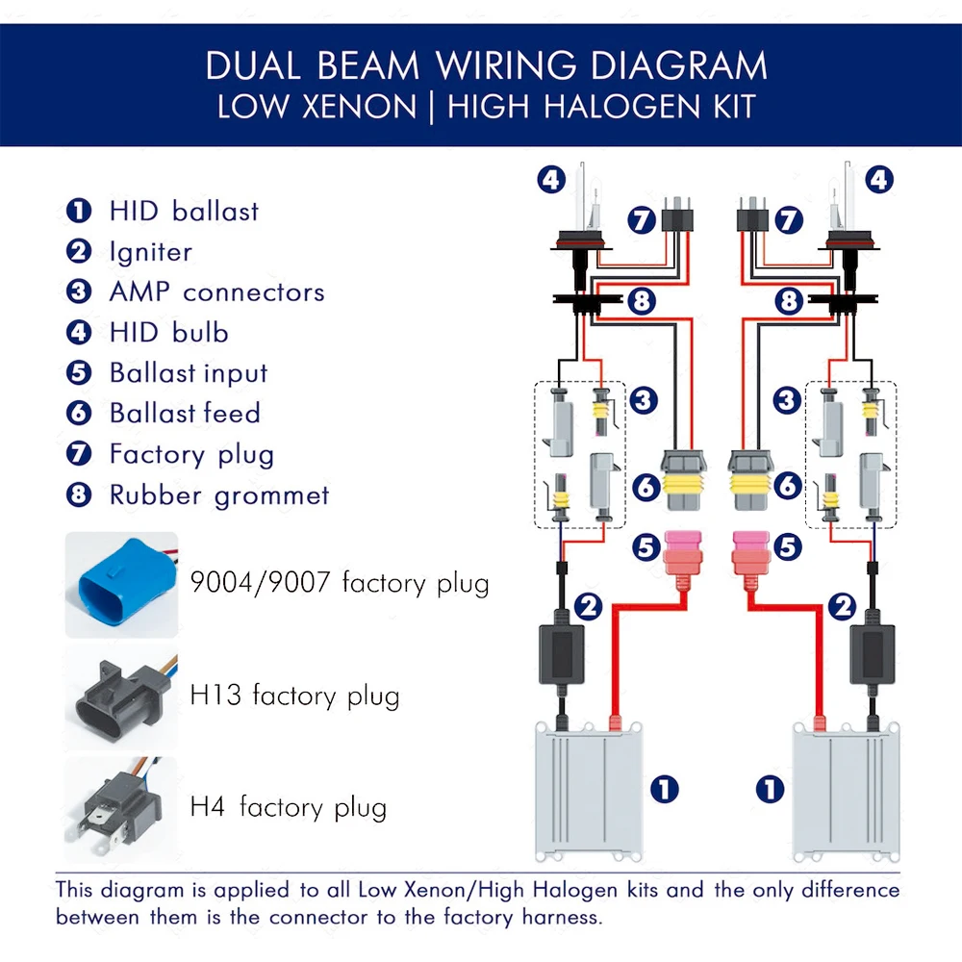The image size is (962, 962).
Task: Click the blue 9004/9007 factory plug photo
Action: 121,585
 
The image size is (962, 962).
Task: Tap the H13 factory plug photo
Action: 121,697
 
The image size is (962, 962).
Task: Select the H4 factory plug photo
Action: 121,810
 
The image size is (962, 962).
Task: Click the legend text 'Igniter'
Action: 151,252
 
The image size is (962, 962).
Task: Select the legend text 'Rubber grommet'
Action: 219,495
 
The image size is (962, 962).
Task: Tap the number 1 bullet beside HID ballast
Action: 79,211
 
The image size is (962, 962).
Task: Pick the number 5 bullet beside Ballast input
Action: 79,372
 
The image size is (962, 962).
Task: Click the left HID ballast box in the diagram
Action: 589,792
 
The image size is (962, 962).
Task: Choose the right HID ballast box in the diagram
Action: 846,792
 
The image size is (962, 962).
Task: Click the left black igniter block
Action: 562,654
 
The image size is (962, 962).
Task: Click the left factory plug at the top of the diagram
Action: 677,215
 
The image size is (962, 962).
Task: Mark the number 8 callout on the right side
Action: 789,301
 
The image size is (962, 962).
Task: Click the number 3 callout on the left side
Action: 643,400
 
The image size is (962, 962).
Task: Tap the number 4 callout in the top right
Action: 878,180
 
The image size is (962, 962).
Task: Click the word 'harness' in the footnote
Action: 561,917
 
